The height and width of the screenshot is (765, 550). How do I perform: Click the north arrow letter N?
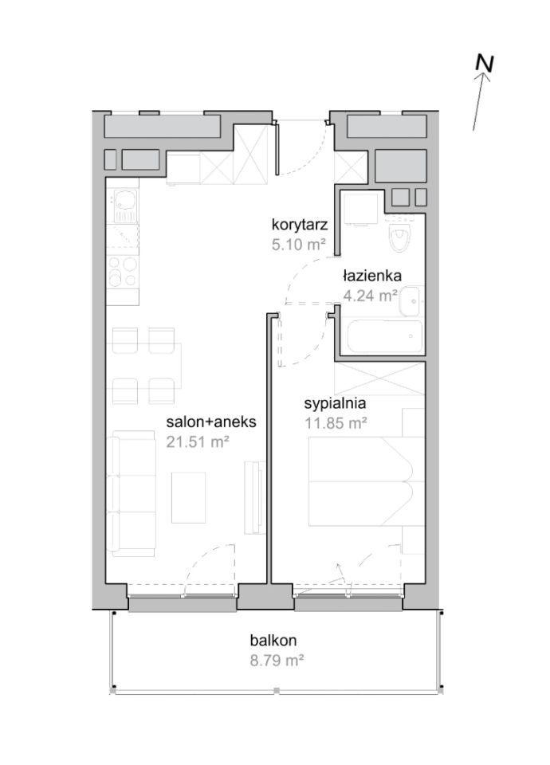pos(485,64)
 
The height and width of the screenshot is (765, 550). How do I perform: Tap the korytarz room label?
pos(299,225)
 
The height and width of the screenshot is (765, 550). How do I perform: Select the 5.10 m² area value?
pos(298,244)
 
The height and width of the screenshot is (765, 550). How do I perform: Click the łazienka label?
pos(372,276)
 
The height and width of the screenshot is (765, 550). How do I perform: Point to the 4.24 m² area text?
pos(369,296)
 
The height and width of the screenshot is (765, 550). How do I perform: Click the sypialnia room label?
pos(335,403)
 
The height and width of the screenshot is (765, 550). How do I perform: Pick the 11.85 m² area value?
pos(336,423)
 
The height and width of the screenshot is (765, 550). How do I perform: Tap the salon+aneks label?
pos(210,421)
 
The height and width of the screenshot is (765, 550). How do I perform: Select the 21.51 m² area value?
pos(197,441)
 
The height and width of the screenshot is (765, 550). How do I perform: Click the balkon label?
pos(273,640)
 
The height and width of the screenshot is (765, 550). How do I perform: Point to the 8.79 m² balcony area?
pos(277,661)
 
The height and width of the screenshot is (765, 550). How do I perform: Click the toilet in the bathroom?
pos(400,236)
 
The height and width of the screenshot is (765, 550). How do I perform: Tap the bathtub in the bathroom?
pos(383,336)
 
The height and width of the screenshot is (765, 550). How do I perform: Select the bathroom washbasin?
pos(411,301)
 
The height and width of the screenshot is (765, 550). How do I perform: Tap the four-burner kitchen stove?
pos(123,271)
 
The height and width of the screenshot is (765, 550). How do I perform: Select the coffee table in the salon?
pos(188,497)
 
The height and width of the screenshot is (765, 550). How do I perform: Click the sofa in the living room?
pos(131,494)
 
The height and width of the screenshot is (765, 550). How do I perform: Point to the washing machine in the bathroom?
pos(360,208)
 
